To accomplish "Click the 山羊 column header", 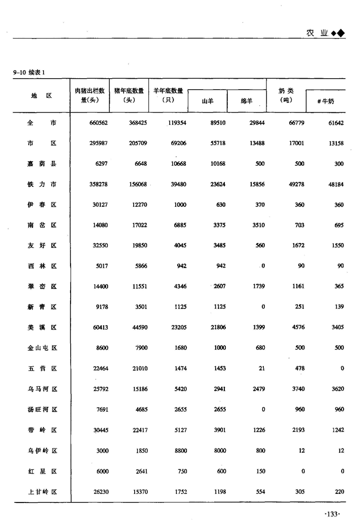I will point(207,101).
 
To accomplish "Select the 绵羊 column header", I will point(246,101).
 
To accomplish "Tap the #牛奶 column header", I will point(325,101).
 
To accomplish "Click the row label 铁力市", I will point(42,184).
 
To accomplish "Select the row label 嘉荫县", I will point(42,164).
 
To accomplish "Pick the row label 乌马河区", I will point(42,389).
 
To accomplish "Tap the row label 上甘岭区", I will point(42,491).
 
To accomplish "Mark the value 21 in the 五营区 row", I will point(262,368).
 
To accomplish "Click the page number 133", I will point(332,514).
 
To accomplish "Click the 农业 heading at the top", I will point(316,33).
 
